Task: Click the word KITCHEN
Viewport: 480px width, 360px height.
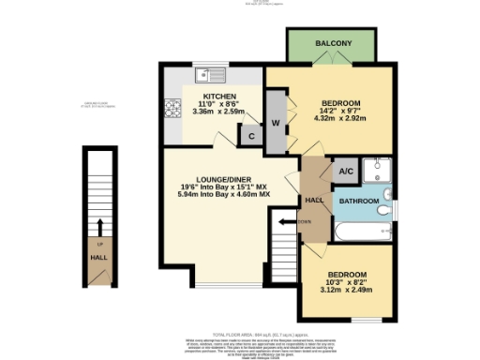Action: (x=218, y=96)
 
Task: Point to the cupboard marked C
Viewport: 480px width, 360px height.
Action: (x=250, y=134)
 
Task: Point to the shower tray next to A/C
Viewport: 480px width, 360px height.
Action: (x=379, y=171)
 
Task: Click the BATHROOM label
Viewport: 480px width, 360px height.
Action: (x=358, y=201)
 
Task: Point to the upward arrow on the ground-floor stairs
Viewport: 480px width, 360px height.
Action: (x=99, y=226)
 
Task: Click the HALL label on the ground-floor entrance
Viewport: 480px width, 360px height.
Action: (x=98, y=255)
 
